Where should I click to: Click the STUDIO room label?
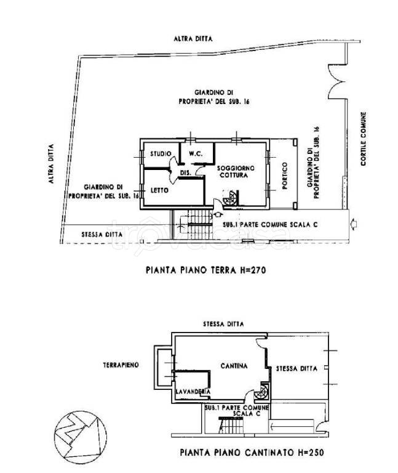(161, 154)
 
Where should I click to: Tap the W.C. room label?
(196, 154)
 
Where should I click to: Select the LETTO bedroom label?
(159, 190)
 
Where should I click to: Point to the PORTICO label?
(285, 176)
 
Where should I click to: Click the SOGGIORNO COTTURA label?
(236, 172)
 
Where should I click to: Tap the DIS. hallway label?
(186, 172)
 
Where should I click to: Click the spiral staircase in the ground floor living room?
(231, 198)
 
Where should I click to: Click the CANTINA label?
(234, 366)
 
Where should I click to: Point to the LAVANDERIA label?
(193, 392)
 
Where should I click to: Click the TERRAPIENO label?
(121, 365)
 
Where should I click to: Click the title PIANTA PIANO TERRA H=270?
(206, 270)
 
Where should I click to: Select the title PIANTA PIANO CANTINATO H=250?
(252, 453)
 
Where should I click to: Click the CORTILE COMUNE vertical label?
(364, 139)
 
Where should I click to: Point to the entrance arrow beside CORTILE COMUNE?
(354, 224)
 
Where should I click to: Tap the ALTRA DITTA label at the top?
(193, 39)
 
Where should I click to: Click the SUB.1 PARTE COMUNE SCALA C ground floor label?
(270, 225)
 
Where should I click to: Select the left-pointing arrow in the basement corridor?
(292, 427)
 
